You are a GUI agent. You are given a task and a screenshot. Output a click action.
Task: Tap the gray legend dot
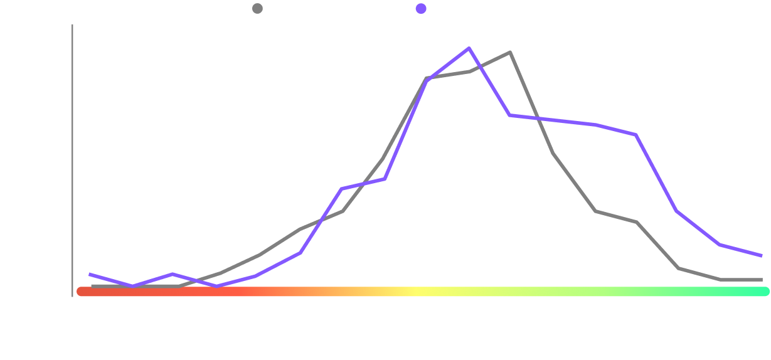point(257,9)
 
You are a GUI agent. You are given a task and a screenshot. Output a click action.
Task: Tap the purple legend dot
point(421,9)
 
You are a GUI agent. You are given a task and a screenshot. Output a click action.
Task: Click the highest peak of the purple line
point(469,48)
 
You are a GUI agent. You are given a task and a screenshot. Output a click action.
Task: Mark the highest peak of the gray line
point(510,52)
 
